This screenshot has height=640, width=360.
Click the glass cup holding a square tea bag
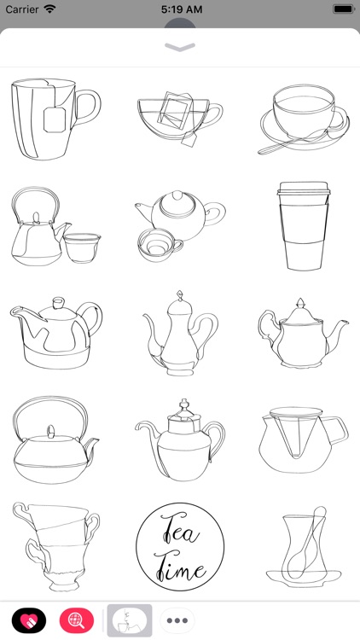tap(178, 121)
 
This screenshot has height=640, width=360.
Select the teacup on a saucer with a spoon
tap(304, 121)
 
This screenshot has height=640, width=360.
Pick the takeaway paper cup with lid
tap(304, 225)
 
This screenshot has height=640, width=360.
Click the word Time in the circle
tap(182, 567)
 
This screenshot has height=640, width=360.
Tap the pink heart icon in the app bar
tap(29, 620)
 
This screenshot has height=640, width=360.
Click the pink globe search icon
tap(77, 620)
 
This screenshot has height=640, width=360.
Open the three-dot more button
tap(178, 620)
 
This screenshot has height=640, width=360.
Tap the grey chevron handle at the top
tap(180, 48)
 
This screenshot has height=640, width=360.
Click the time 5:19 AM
tap(180, 9)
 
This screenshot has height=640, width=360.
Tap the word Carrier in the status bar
tap(22, 9)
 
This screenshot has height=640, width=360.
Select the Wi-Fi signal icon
tap(50, 9)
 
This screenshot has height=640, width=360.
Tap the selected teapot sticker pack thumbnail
tap(129, 620)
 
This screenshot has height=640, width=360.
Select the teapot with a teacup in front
tap(177, 224)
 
